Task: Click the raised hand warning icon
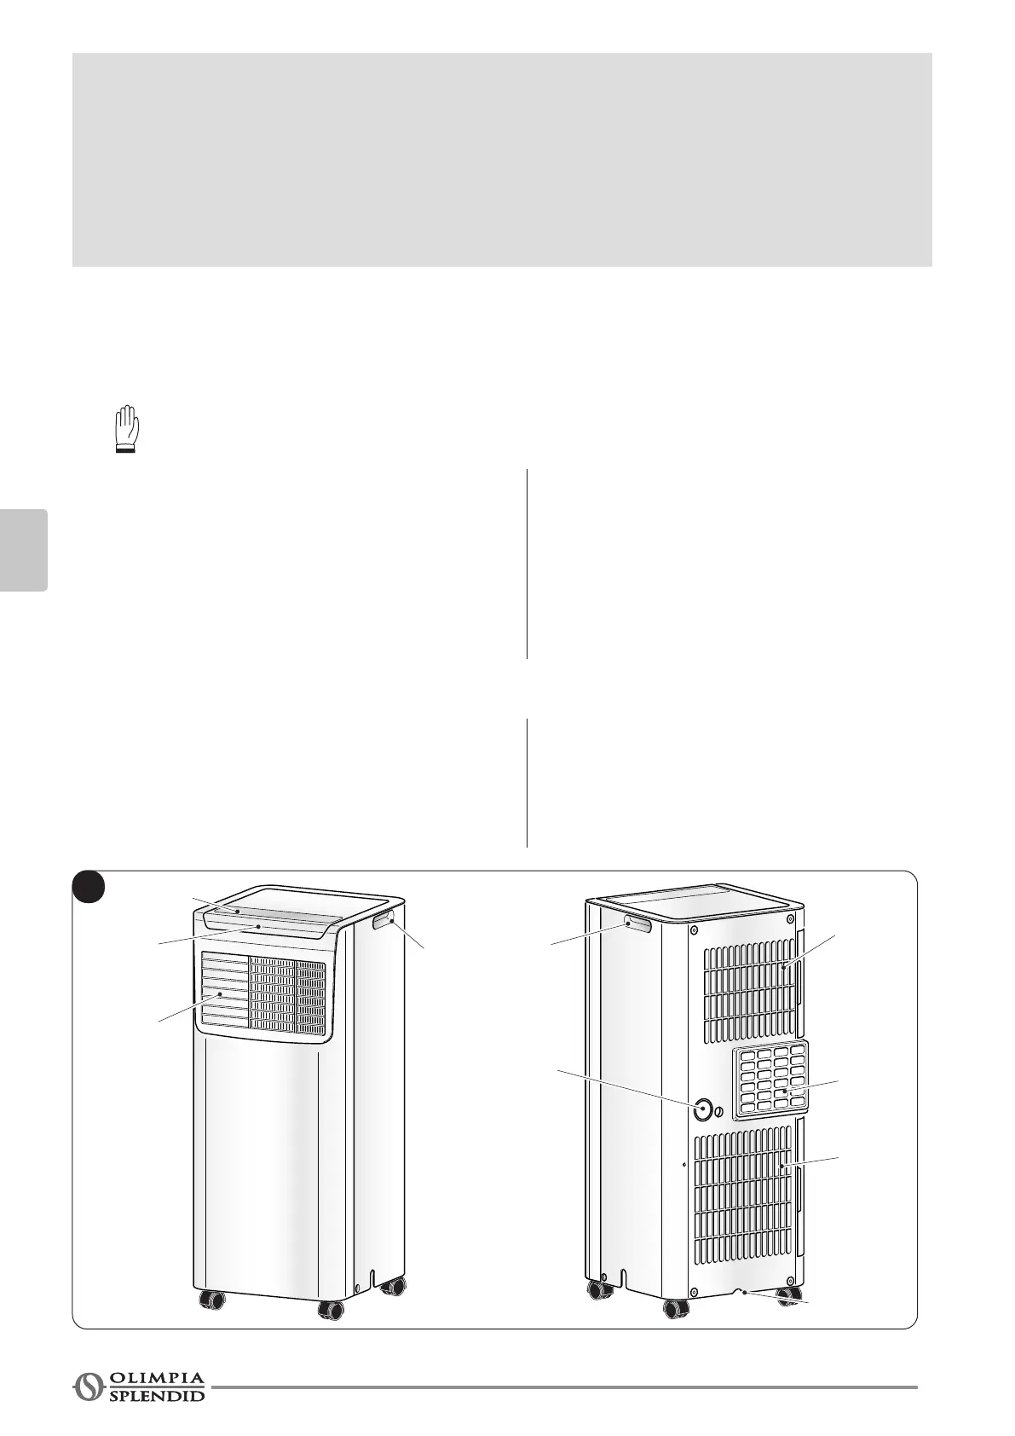point(126,430)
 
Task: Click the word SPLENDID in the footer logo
point(158,1395)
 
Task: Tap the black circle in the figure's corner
point(88,887)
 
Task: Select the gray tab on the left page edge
point(23,550)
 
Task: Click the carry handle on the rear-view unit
point(637,924)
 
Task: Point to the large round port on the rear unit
point(703,1109)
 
